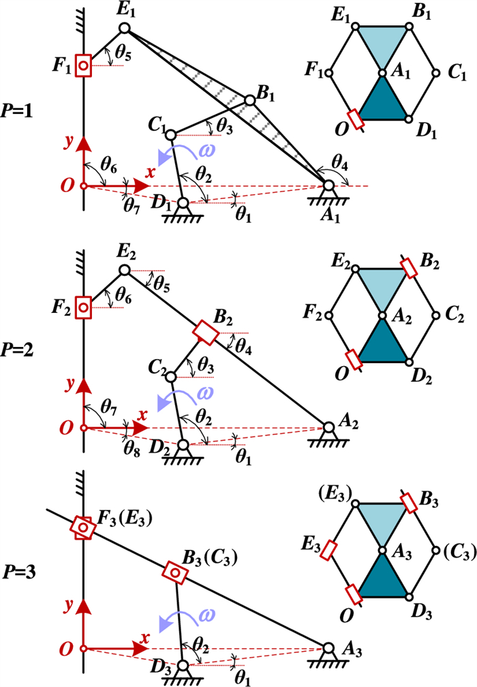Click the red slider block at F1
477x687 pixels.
(83, 66)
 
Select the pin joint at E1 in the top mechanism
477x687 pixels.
(125, 28)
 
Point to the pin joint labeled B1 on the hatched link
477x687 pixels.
(250, 100)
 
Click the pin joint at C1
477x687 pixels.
(171, 134)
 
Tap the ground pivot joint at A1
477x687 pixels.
(328, 185)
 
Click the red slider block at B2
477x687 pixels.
(205, 332)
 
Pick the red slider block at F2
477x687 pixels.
(83, 308)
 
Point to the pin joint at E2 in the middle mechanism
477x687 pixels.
(125, 271)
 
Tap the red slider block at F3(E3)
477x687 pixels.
(83, 528)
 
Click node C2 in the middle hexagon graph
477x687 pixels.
(435, 315)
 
